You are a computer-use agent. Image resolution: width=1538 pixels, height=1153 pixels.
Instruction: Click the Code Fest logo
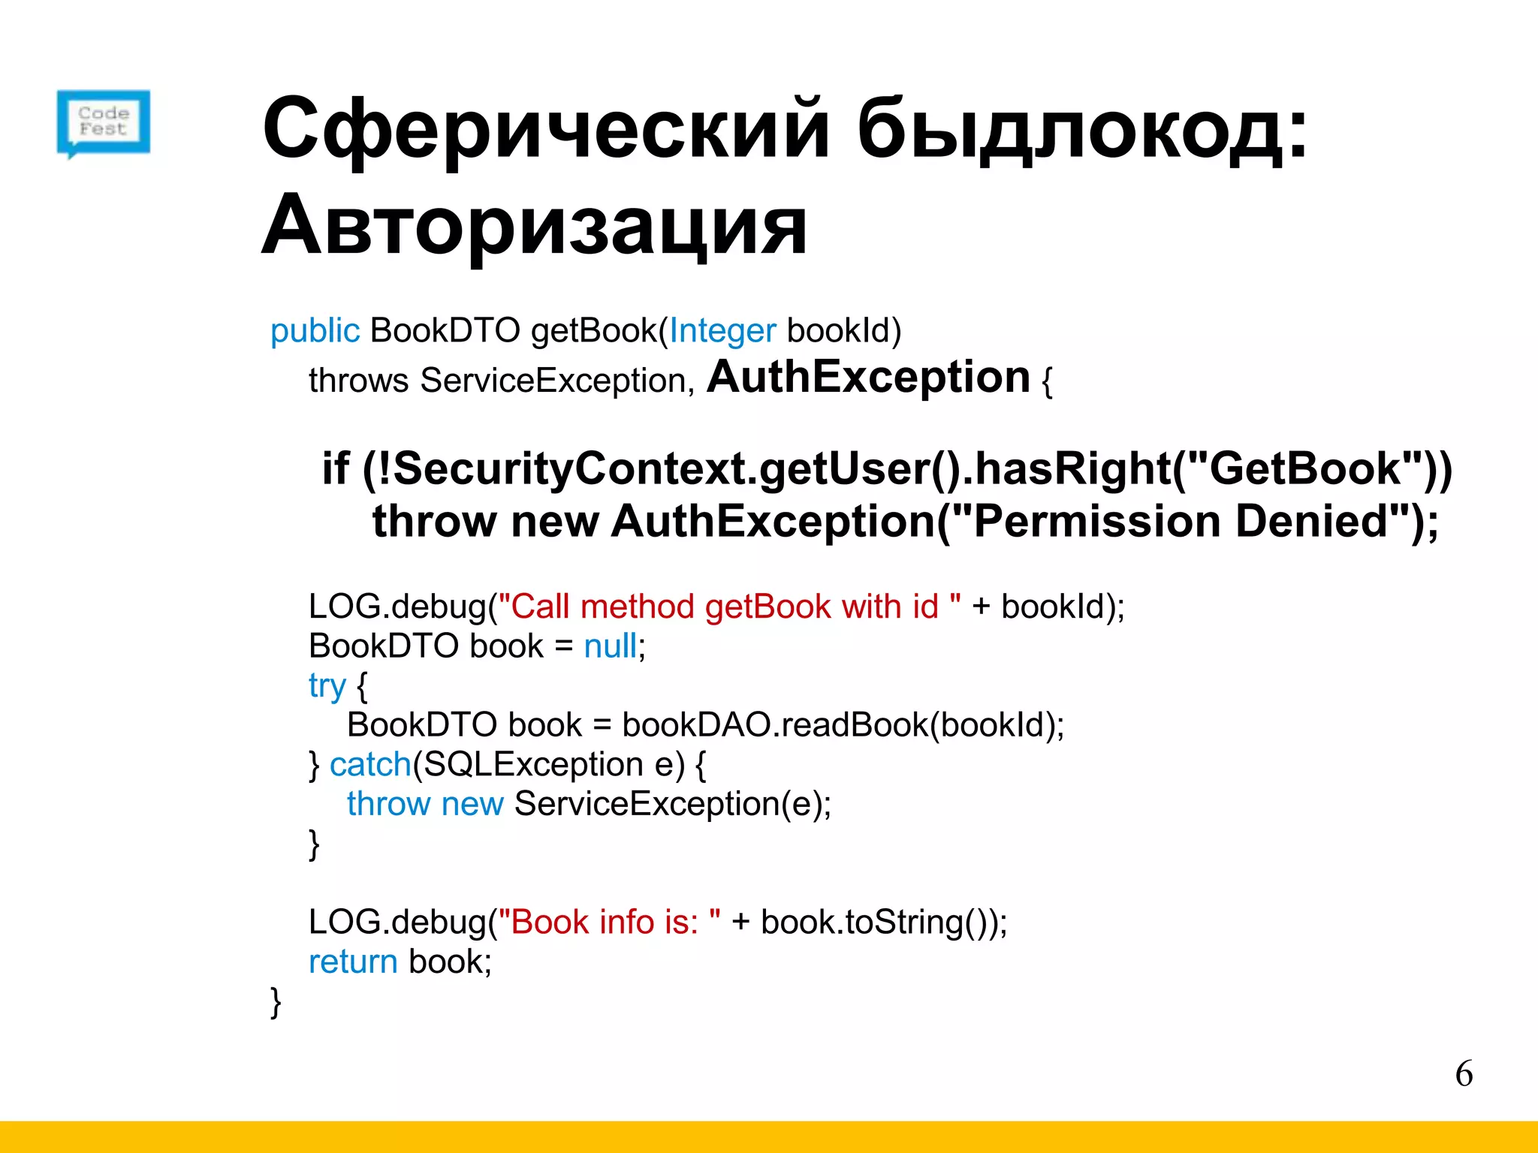[x=104, y=123]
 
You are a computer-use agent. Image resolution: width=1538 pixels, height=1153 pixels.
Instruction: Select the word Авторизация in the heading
[x=534, y=226]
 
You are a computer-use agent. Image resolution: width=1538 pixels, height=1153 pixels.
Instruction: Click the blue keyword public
[x=315, y=331]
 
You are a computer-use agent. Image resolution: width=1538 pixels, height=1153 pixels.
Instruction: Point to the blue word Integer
[x=722, y=331]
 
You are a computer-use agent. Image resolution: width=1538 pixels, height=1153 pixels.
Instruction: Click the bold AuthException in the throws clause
[x=868, y=377]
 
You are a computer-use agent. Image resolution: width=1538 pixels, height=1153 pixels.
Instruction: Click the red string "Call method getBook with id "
[x=729, y=607]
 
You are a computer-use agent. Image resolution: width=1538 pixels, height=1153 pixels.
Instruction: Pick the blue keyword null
[x=610, y=646]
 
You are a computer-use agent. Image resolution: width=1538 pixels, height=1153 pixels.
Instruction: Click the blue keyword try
[x=327, y=686]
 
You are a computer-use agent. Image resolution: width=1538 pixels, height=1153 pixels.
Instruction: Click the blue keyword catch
[x=370, y=765]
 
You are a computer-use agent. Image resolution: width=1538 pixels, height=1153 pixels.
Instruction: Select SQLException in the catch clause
[x=532, y=765]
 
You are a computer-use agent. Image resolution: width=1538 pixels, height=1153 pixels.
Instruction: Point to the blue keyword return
[x=353, y=962]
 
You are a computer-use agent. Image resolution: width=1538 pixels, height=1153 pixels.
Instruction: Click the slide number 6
[x=1464, y=1074]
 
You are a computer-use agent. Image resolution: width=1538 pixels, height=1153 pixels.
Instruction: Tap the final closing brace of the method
[x=276, y=1002]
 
